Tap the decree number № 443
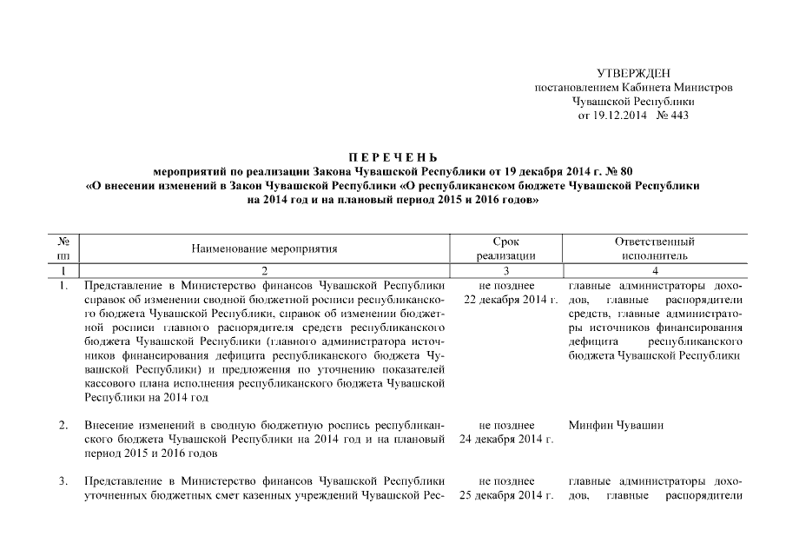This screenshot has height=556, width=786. pyautogui.click(x=673, y=116)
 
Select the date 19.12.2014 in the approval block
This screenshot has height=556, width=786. pyautogui.click(x=618, y=116)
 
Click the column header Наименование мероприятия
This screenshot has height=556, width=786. pyautogui.click(x=265, y=248)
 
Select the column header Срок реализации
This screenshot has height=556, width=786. pyautogui.click(x=505, y=248)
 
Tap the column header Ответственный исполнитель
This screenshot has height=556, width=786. pyautogui.click(x=654, y=248)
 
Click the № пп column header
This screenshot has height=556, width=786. pyautogui.click(x=63, y=248)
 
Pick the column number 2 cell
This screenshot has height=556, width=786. pyautogui.click(x=265, y=271)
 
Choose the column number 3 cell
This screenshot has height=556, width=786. pyautogui.click(x=505, y=271)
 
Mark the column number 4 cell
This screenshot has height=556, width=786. pyautogui.click(x=654, y=271)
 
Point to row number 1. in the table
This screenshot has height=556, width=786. pyautogui.click(x=63, y=285)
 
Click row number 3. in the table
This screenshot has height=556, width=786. pyautogui.click(x=63, y=481)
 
